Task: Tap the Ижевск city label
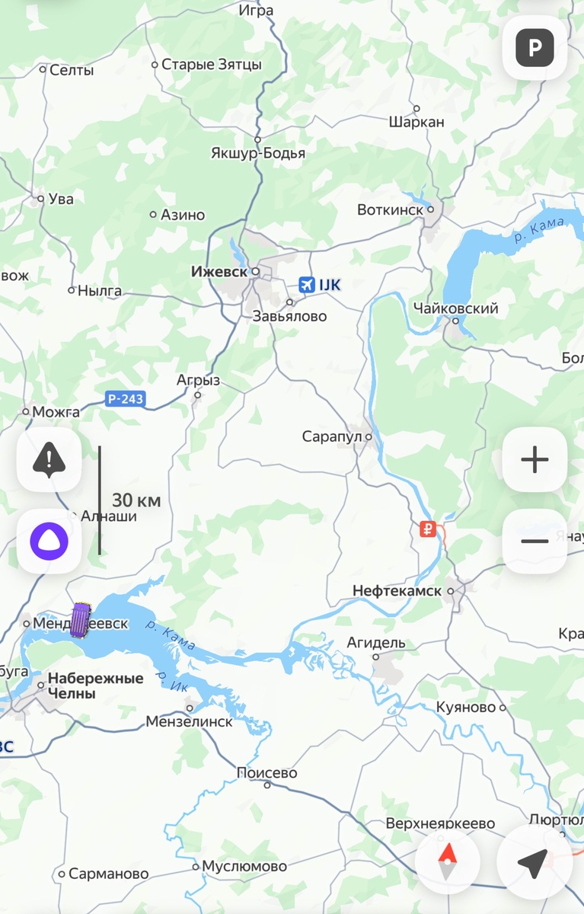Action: pyautogui.click(x=220, y=271)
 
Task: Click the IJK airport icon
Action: pyautogui.click(x=307, y=285)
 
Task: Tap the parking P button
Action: pyautogui.click(x=535, y=48)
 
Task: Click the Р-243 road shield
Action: pyautogui.click(x=124, y=398)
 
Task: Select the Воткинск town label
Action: pyautogui.click(x=390, y=209)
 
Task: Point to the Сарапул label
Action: pyautogui.click(x=332, y=437)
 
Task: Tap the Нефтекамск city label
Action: pyautogui.click(x=397, y=591)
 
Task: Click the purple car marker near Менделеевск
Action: pyautogui.click(x=81, y=619)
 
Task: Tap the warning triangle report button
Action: pyautogui.click(x=49, y=459)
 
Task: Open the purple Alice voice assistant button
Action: pyautogui.click(x=49, y=541)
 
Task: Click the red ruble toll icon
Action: pyautogui.click(x=428, y=529)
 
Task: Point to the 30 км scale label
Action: pyautogui.click(x=136, y=500)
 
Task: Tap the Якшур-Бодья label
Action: pyautogui.click(x=258, y=153)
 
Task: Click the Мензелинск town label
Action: pyautogui.click(x=189, y=721)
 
